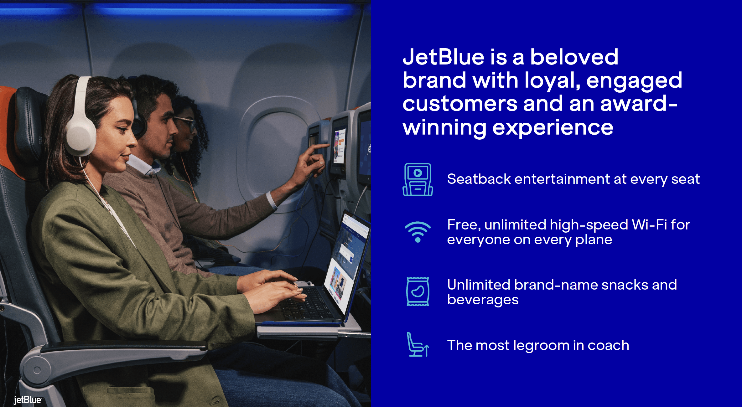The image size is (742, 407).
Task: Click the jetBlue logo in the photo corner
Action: click(28, 400)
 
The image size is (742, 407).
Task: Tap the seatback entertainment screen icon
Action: click(418, 179)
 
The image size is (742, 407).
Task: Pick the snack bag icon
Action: click(418, 291)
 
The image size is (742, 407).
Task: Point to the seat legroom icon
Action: click(418, 344)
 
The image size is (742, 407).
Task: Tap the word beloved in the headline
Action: click(574, 57)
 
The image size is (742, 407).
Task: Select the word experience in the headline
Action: click(553, 128)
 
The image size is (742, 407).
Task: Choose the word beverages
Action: click(483, 300)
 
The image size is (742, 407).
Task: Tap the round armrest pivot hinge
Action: click(37, 370)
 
